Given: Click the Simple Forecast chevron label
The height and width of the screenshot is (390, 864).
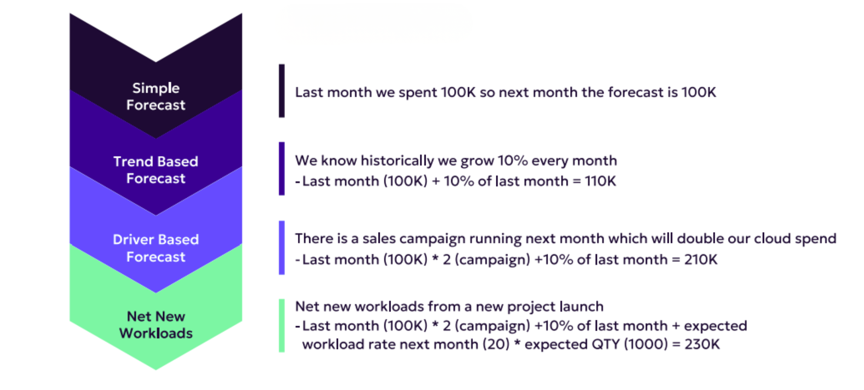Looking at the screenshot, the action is click(156, 96).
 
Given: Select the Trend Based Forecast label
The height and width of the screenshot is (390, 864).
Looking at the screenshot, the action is click(156, 170).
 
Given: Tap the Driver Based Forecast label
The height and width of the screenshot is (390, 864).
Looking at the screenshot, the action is click(156, 248).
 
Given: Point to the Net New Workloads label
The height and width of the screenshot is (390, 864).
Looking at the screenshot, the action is click(156, 325).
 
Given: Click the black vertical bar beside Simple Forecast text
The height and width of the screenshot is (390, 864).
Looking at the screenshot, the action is click(282, 91).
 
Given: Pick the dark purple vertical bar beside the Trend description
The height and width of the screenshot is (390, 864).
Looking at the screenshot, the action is click(282, 169).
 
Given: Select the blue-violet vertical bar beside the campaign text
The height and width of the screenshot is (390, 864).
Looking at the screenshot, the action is click(282, 247).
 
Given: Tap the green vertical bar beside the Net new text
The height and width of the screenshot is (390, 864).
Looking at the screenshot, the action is click(282, 326).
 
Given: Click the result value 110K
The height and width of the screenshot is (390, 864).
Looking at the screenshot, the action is click(600, 181).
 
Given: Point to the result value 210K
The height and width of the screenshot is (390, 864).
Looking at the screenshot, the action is click(701, 260).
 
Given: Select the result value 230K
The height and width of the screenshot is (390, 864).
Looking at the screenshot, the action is click(702, 345).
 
